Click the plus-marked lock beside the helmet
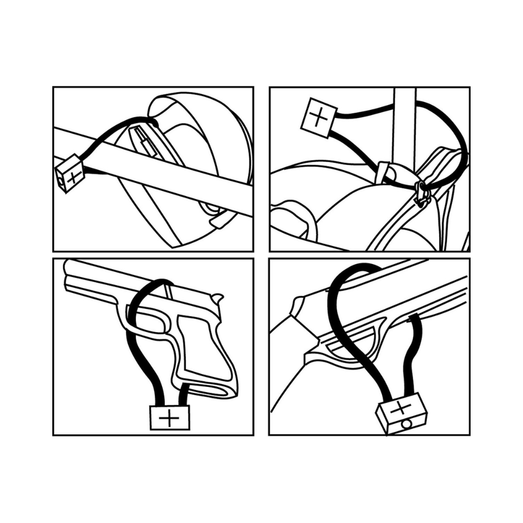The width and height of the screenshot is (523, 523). (x=70, y=174)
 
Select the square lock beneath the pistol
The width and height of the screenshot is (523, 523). (x=169, y=417)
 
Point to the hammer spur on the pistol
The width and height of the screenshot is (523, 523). (x=217, y=300)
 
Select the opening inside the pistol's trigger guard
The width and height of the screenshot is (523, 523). (x=149, y=323)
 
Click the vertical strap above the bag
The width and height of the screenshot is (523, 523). (x=404, y=126)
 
